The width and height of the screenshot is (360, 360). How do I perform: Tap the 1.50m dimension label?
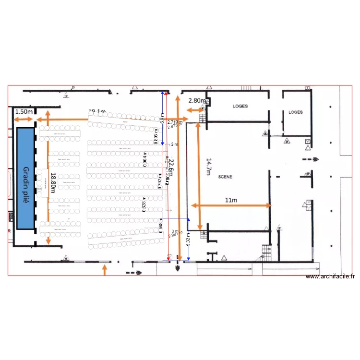pos(24,112)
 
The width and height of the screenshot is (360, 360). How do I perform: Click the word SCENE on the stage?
pos(225,177)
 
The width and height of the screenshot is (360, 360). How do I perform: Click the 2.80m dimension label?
pos(197,101)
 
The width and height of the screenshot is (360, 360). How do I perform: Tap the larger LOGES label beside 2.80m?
pos(240,106)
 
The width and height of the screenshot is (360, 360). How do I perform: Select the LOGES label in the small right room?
pos(296,112)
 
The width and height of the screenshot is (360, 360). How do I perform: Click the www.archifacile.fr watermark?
pos(330,276)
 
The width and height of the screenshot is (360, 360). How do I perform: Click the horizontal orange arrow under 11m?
pos(231,205)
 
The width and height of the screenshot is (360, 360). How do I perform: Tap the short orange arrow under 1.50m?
pos(24,119)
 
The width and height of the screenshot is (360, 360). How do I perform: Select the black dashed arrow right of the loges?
pos(310,160)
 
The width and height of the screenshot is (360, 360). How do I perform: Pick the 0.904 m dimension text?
pos(145,159)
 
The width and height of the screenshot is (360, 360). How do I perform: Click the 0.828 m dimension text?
pos(144,204)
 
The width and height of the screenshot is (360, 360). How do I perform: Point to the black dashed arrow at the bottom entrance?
pos(134,273)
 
